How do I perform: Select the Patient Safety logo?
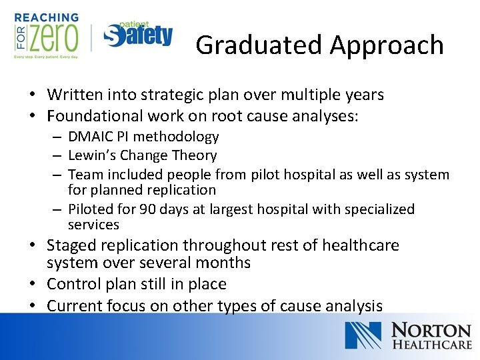pos(138,35)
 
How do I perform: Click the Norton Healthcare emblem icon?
pos(363,335)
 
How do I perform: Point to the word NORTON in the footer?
pos(431,330)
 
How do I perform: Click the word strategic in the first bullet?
pos(193,95)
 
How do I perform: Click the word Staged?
pos(71,245)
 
